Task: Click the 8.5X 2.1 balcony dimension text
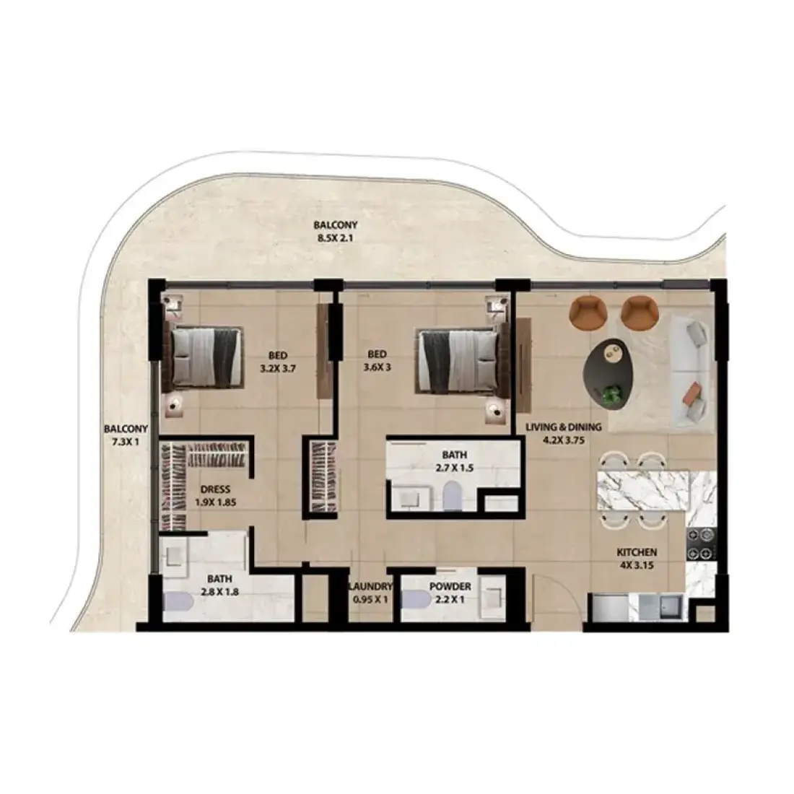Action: click(335, 237)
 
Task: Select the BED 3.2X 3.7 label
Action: click(277, 362)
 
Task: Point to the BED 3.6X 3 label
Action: click(377, 361)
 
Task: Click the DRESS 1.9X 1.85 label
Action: click(215, 497)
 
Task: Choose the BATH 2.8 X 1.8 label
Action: click(219, 585)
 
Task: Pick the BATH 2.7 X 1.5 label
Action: click(454, 462)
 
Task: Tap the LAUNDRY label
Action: click(370, 587)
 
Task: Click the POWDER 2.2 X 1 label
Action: click(450, 593)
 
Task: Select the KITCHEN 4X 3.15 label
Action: click(637, 559)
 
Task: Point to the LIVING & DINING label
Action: click(564, 427)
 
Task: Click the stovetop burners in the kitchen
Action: click(701, 544)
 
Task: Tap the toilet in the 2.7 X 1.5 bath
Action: click(450, 496)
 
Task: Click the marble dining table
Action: click(643, 491)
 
